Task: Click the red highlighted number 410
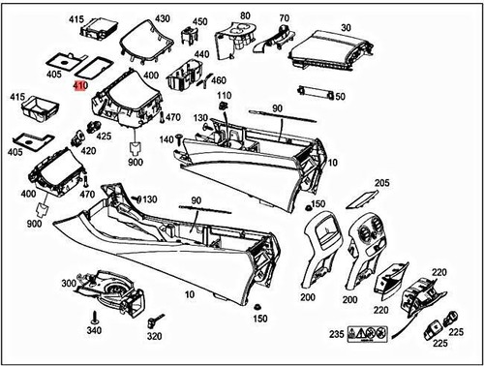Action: point(80,85)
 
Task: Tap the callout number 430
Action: point(162,19)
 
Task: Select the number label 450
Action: point(199,21)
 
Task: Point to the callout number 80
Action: point(245,16)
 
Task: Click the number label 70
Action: point(284,18)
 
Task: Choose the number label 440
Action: point(201,55)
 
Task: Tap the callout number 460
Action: point(219,80)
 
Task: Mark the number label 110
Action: point(225,95)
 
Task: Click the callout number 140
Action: point(165,139)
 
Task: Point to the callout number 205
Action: point(381,183)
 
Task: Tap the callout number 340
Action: point(94,331)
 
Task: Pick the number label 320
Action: point(155,338)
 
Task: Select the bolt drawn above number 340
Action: point(94,317)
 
